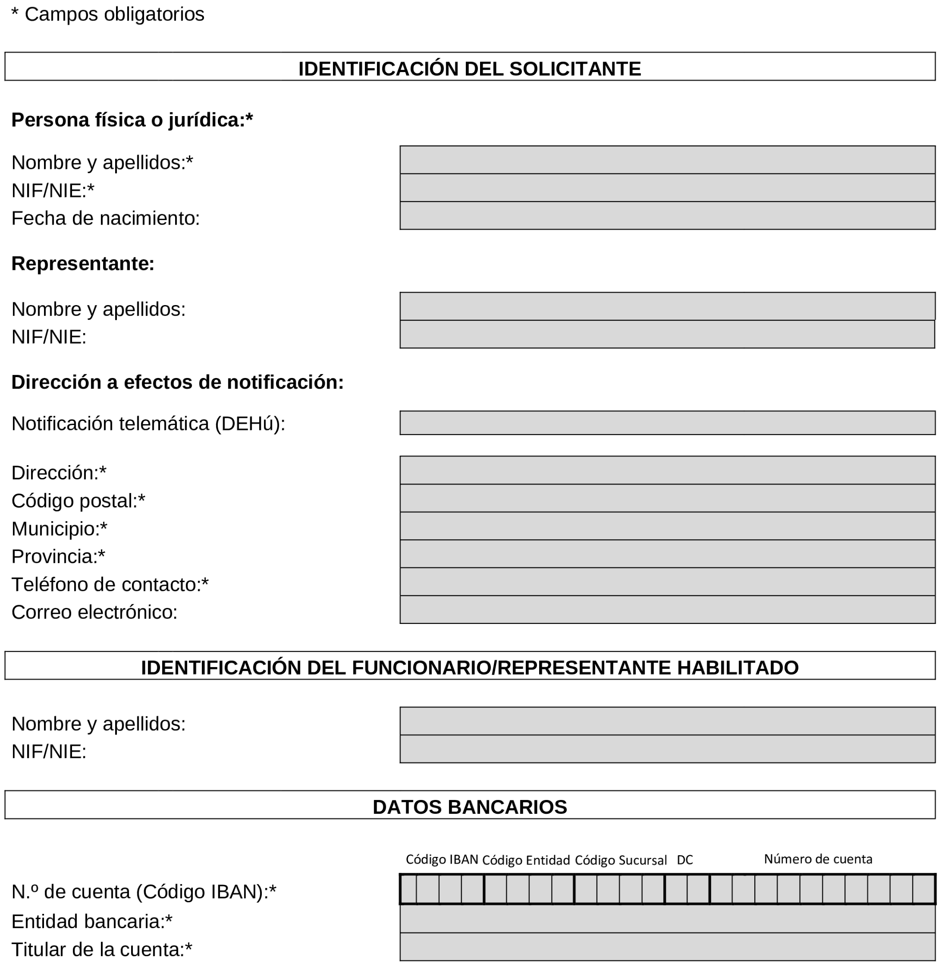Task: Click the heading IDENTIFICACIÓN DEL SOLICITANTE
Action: [469, 68]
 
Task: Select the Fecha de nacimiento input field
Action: [667, 215]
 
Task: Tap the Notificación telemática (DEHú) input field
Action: [667, 422]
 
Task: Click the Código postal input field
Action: [667, 498]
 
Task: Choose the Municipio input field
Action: [667, 526]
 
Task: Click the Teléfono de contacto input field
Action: [667, 581]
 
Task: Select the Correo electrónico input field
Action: [667, 609]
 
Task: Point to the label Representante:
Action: [83, 264]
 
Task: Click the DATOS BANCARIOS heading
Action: [469, 807]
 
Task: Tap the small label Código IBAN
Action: [442, 859]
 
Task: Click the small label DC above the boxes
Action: [685, 860]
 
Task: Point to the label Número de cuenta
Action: [817, 859]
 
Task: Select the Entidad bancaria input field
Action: [667, 918]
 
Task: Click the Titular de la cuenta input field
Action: [667, 947]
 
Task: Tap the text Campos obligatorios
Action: [114, 14]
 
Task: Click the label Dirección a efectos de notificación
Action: [177, 382]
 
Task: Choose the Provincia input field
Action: [667, 554]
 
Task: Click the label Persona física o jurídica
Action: [132, 120]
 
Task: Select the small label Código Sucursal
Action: [621, 860]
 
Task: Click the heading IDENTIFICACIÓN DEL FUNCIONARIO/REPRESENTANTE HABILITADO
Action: [469, 667]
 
